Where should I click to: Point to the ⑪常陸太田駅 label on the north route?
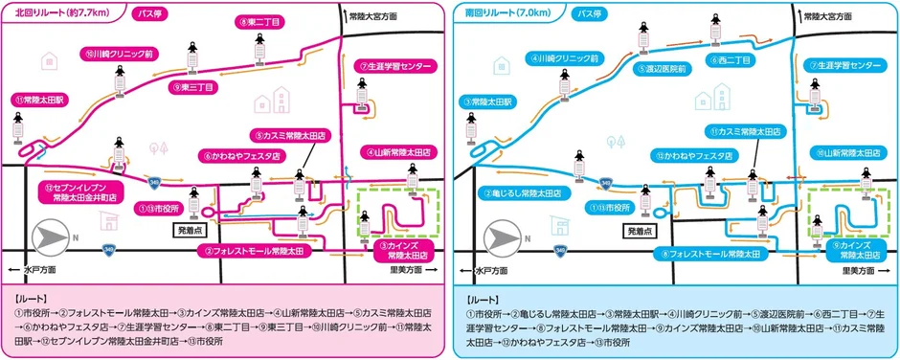pos(38,99)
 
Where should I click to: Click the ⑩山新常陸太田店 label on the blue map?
pos(845,152)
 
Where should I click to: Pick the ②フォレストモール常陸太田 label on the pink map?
pos(255,251)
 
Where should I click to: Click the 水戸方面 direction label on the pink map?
pos(35,271)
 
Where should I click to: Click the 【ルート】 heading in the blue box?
pos(482,299)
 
